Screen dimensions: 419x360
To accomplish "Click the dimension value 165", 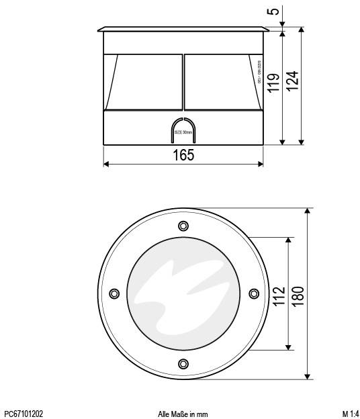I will pyautogui.click(x=183, y=155).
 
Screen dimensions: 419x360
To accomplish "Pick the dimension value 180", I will pyautogui.click(x=298, y=293).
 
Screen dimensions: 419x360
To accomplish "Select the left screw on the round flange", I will pyautogui.click(x=114, y=293).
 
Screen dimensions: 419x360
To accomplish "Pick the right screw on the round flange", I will pyautogui.click(x=253, y=293).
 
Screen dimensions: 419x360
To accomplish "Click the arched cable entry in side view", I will pyautogui.click(x=183, y=130).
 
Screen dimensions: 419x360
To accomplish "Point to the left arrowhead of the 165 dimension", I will pyautogui.click(x=105, y=164).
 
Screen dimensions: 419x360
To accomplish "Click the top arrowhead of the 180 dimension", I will pyautogui.click(x=308, y=211).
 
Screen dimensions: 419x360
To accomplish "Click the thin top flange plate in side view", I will pyautogui.click(x=183, y=30).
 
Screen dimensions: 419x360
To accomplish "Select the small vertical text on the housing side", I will pyautogui.click(x=259, y=73).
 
